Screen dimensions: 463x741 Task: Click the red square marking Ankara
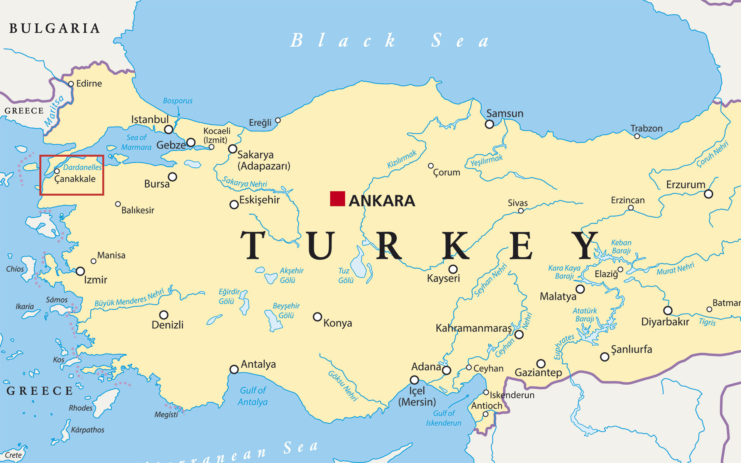coord(337,199)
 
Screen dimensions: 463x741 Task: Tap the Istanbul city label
coord(150,120)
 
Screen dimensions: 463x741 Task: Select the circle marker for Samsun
coord(489,124)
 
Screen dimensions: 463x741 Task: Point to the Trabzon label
coord(646,128)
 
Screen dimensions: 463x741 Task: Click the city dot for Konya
coord(317,317)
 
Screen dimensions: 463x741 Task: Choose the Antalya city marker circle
coord(234,369)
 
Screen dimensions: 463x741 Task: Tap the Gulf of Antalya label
coord(253,396)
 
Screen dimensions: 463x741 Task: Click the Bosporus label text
coord(178,101)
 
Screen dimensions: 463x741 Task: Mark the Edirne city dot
coord(71,84)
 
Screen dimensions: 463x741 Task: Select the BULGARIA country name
coord(54,29)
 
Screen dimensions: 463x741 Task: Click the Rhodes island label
coord(81,408)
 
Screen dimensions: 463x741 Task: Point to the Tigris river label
coord(707,322)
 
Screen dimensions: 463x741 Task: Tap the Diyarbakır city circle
coord(668,310)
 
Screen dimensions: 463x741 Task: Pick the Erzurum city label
coord(685,184)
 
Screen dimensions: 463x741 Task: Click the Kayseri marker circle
coord(453,269)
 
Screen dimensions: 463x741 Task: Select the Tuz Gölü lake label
coord(346,275)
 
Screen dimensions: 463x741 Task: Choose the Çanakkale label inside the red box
coord(75,179)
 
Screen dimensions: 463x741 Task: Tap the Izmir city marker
coord(80,271)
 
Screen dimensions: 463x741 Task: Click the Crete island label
coord(13,455)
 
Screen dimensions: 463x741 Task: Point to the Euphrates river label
coord(564,346)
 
